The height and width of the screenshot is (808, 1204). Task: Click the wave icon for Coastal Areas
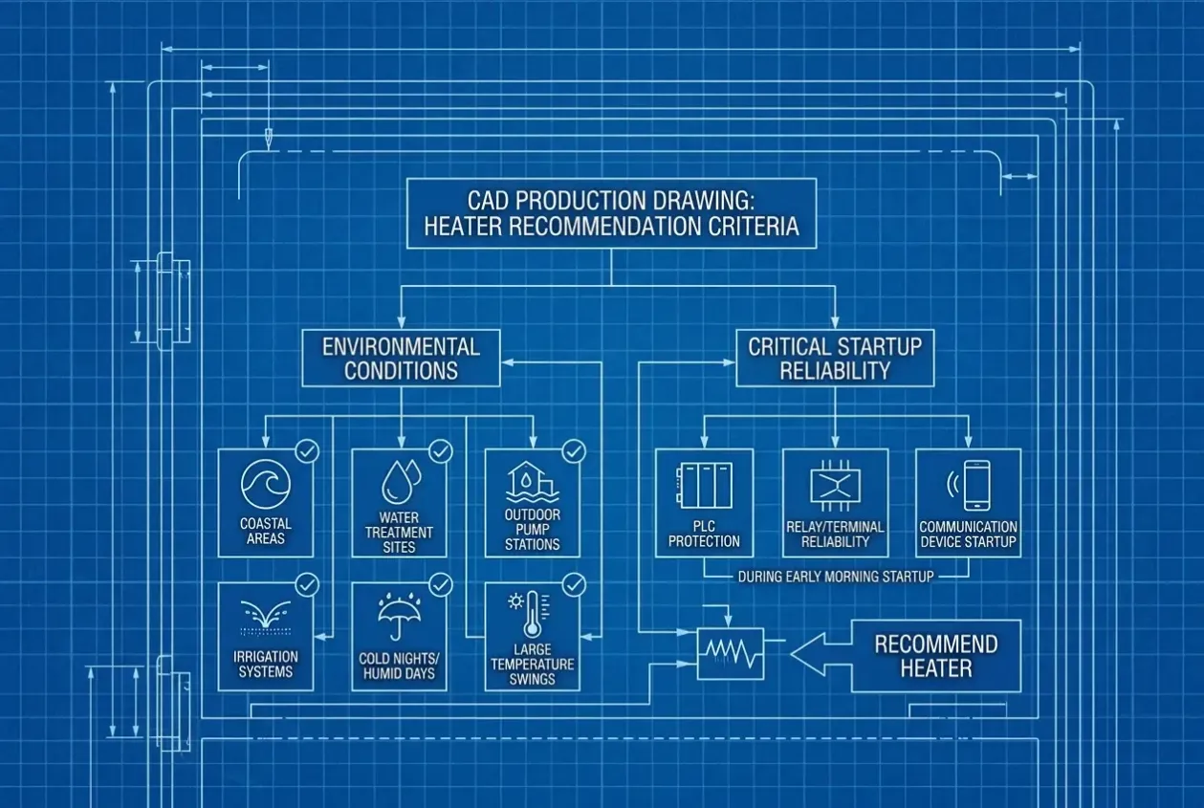266,484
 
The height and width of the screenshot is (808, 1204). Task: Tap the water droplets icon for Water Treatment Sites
401,482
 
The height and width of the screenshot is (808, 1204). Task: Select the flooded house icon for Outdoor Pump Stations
532,482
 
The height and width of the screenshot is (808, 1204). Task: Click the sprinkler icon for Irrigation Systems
266,617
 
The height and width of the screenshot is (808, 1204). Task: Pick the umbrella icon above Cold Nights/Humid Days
399,617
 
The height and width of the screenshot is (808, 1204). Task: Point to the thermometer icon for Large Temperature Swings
530,614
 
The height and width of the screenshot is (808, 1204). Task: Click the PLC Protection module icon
704,486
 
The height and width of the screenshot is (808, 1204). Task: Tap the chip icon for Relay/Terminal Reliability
835,486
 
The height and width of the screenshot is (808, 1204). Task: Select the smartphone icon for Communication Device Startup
970,485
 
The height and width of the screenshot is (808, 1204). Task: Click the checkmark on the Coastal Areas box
307,451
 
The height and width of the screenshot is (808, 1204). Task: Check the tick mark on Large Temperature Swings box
574,585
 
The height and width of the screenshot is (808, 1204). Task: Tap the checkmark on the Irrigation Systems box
307,585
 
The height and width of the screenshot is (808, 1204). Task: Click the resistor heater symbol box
731,654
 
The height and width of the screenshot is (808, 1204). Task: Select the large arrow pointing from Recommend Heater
821,654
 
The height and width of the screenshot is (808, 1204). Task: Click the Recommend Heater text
936,656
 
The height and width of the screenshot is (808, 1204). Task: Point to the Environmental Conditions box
401,358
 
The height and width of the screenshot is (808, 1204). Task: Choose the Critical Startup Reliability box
835,358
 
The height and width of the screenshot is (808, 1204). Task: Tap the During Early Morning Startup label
836,577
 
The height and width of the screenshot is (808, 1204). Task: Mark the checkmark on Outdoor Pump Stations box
574,451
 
